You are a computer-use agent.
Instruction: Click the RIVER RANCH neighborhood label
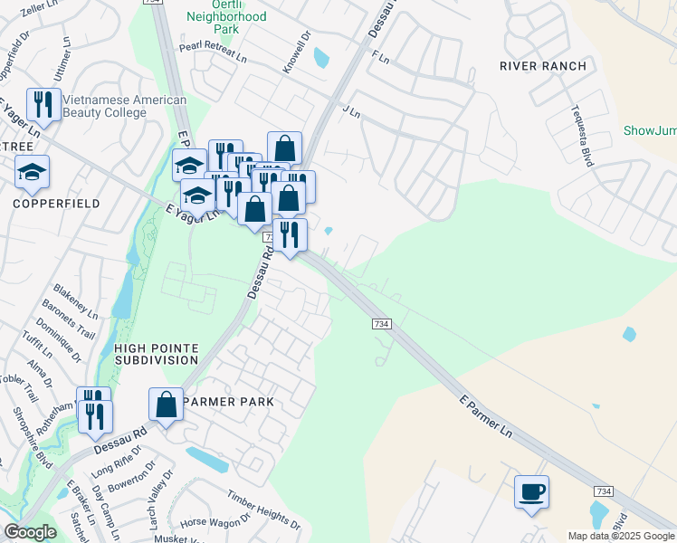point(543,66)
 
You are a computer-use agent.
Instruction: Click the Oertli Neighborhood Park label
point(226,23)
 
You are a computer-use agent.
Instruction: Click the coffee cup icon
point(531,493)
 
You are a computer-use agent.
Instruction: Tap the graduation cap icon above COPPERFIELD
point(33,173)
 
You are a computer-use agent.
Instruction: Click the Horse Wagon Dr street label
point(215,523)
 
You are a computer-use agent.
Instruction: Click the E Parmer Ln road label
point(485,417)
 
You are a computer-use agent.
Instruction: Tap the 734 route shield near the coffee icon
point(604,490)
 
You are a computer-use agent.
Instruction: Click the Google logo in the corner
point(30,532)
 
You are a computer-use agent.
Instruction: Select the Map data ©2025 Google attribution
point(620,536)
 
